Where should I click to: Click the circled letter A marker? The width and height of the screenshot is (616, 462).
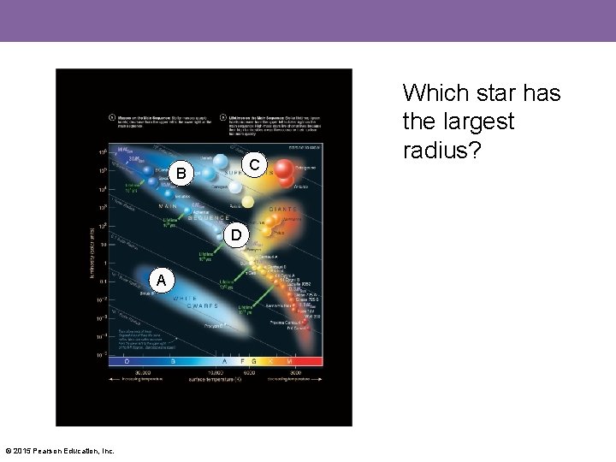(x=160, y=280)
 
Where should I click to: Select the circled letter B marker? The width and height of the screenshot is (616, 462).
(x=181, y=175)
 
